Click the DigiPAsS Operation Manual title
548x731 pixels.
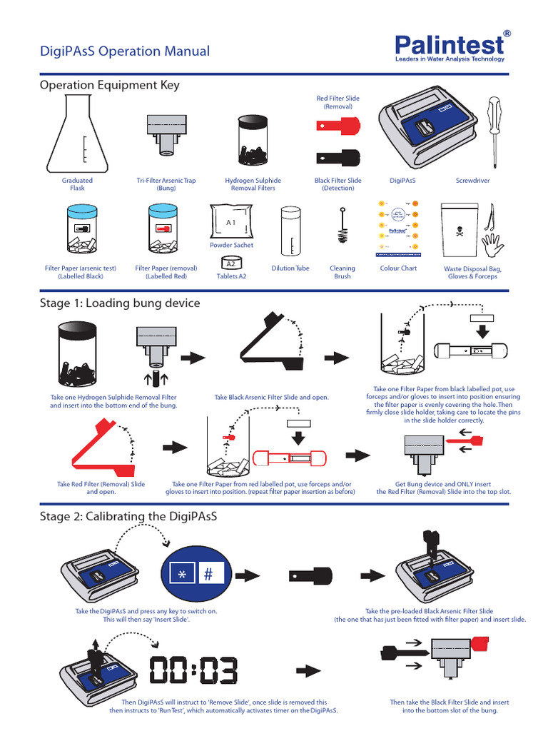(125, 51)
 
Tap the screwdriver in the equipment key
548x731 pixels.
(492, 131)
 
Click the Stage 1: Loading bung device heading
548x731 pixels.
(120, 303)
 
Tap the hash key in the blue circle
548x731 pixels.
(208, 574)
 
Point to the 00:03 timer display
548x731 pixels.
(193, 670)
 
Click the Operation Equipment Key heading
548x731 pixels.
(110, 85)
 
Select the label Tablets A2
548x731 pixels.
(231, 276)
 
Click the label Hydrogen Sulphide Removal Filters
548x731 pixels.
(253, 184)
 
